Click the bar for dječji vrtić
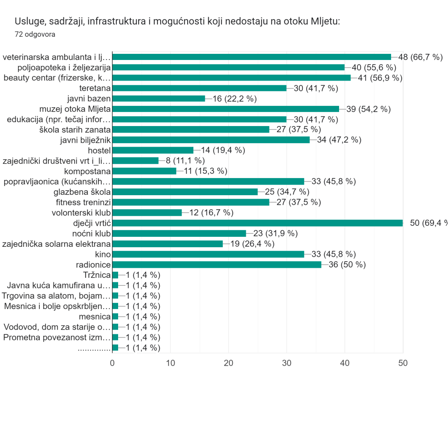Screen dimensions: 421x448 257,223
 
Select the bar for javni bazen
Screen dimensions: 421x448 158,98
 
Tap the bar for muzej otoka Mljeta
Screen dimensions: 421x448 225,109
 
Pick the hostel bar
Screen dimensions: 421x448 153,150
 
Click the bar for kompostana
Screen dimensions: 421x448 144,171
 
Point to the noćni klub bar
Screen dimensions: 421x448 179,234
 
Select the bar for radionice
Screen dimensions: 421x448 217,265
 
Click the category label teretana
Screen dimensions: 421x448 94,88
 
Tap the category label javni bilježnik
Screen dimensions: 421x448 85,140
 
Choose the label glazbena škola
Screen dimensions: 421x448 82,192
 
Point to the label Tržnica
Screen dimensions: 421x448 96,275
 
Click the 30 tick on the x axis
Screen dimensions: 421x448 287,363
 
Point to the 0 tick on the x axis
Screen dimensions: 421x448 112,363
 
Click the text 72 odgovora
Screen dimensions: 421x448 35,35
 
